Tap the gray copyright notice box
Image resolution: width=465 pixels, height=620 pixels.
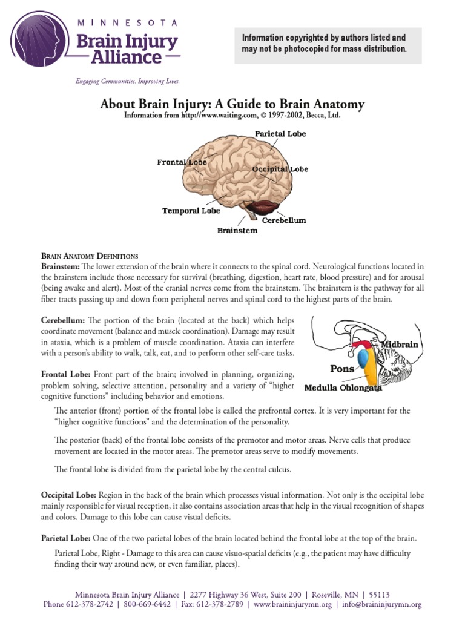pyautogui.click(x=328, y=44)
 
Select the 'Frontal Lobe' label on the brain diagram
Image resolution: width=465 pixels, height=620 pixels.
pyautogui.click(x=182, y=162)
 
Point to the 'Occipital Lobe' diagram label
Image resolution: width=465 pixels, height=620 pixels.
pyautogui.click(x=280, y=169)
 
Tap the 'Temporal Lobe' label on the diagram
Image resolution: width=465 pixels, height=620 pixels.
pyautogui.click(x=191, y=211)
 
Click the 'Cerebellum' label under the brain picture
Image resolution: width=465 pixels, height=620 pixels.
pyautogui.click(x=284, y=220)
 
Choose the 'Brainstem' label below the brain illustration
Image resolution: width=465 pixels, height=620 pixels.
pyautogui.click(x=237, y=230)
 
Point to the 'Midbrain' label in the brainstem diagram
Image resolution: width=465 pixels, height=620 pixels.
pyautogui.click(x=400, y=344)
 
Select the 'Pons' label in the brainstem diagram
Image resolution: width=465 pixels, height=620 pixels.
pyautogui.click(x=342, y=368)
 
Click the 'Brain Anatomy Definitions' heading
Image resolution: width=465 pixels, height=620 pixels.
pyautogui.click(x=90, y=256)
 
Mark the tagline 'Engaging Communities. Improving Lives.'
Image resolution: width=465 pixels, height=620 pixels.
pyautogui.click(x=127, y=81)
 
